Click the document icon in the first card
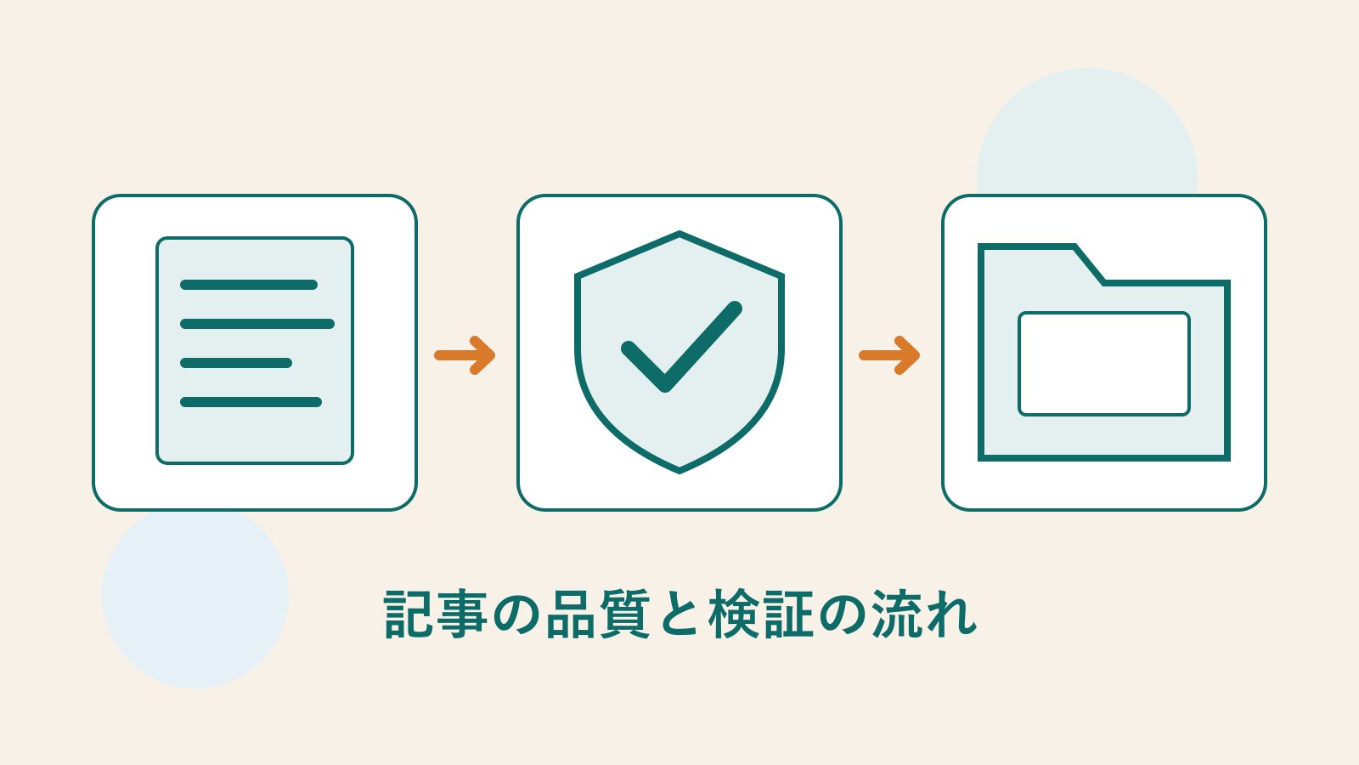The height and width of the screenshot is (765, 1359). coord(255,350)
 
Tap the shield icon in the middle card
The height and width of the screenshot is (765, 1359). coord(679,352)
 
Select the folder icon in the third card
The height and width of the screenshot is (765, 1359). coord(1104,352)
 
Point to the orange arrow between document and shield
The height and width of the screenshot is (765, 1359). coord(465,355)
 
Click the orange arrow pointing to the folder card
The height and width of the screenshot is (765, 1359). coord(889,355)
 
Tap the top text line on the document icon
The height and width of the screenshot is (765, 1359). coord(249,285)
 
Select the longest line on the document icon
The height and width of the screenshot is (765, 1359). coord(257,324)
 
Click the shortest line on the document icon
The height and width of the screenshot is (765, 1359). coord(236,363)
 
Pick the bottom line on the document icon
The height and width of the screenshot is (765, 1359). coord(251,402)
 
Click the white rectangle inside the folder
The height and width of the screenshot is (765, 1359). coord(1104,364)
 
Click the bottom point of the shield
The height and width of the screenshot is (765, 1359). coord(679,473)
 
